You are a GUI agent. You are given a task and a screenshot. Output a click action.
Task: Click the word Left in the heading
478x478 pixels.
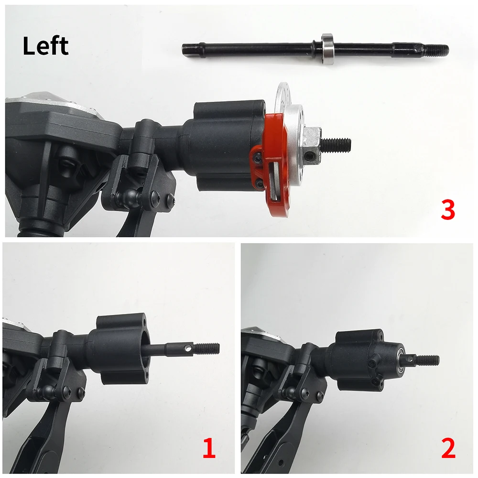[x=46, y=46]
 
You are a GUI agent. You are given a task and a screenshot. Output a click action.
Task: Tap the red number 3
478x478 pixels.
[x=447, y=210]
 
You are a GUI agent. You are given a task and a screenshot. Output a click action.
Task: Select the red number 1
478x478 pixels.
[x=209, y=448]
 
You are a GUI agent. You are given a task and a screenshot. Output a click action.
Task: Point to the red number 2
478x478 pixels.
[x=448, y=448]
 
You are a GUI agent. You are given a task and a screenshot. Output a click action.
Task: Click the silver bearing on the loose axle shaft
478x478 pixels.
[x=326, y=48]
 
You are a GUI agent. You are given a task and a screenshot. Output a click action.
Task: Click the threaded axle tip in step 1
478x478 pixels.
[x=209, y=347]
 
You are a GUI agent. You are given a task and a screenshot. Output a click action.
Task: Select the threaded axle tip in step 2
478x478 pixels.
[x=428, y=360]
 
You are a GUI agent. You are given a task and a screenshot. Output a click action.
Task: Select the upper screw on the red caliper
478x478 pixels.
[x=258, y=158]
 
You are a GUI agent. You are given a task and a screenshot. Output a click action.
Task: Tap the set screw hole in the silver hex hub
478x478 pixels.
[x=311, y=156]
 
